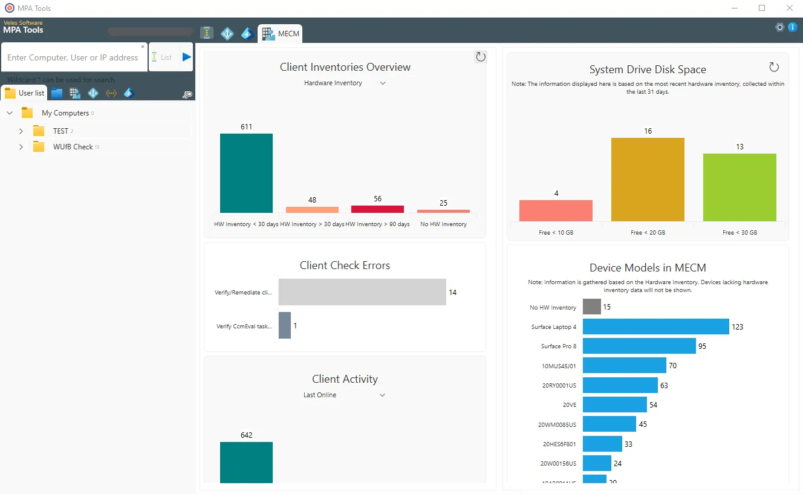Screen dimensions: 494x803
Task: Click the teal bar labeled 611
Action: tap(246, 173)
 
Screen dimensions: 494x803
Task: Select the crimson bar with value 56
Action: tap(377, 209)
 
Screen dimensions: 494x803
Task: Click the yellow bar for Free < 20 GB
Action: tap(648, 180)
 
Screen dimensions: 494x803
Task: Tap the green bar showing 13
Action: tap(740, 187)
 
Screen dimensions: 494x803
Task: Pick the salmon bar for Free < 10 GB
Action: tap(556, 211)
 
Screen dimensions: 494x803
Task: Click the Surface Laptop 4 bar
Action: tap(655, 327)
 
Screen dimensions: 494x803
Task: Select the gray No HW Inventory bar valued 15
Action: tap(591, 307)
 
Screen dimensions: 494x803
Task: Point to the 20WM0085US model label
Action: tap(557, 425)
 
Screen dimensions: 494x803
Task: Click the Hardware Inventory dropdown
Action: tap(344, 83)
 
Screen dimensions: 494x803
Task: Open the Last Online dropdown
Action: tap(344, 395)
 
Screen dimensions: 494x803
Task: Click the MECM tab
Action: tap(281, 34)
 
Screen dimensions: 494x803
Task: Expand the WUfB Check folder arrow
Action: tap(21, 147)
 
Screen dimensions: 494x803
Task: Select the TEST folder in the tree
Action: tap(60, 131)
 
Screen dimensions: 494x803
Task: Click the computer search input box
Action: tap(73, 58)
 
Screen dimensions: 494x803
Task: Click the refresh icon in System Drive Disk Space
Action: tap(773, 67)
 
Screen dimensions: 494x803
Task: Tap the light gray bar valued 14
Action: tap(362, 292)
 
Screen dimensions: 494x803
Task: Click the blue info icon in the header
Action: tap(792, 27)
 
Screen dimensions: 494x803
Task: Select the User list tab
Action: tap(25, 93)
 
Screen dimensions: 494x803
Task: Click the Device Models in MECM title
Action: tap(648, 268)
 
